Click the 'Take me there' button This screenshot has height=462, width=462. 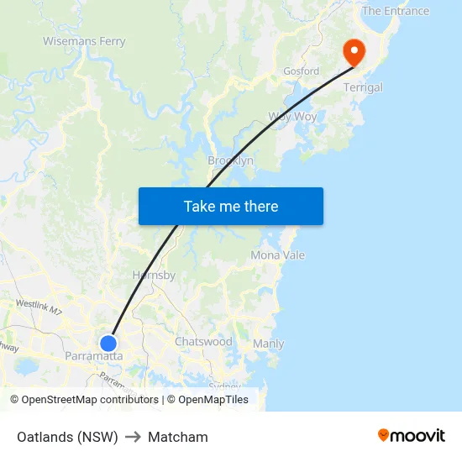tap(231, 207)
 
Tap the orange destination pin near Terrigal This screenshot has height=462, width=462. tap(354, 53)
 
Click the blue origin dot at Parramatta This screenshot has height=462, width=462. tap(108, 343)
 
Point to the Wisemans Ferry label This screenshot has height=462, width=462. tap(84, 41)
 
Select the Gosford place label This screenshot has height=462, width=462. tap(301, 71)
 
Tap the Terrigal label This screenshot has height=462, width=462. tap(363, 87)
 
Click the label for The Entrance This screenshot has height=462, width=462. tap(395, 11)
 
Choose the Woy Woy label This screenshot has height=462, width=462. tap(292, 117)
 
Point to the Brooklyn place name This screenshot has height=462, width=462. tap(230, 160)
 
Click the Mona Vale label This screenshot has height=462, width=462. tap(277, 255)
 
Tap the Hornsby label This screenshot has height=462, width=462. tap(154, 275)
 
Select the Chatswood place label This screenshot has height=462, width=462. tap(203, 342)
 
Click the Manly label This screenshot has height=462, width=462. tap(268, 344)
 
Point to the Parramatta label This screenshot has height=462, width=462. tap(93, 356)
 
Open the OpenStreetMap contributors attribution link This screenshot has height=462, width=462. tap(90, 400)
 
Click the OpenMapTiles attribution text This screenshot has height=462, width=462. tap(213, 400)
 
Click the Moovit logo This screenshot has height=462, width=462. tap(412, 436)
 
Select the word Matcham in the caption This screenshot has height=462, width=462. tap(178, 437)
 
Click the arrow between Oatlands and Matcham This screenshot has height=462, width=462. tap(133, 437)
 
